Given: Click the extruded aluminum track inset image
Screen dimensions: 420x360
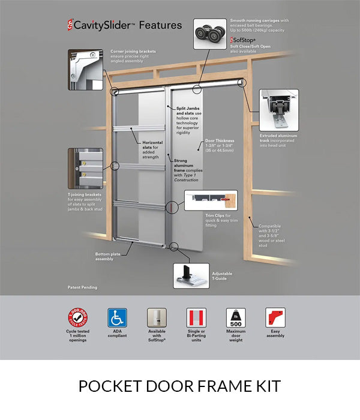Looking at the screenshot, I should pos(278,110).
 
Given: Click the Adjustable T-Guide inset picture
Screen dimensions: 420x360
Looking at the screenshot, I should pos(191,275).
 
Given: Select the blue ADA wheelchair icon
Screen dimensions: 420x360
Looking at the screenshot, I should pos(117,317).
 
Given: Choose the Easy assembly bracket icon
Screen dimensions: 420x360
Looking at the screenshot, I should pos(275,317).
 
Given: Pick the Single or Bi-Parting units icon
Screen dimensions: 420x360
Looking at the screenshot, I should pos(196,317).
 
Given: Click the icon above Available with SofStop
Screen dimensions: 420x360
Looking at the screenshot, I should pos(157,317).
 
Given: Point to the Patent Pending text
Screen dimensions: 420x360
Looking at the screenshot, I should pos(82,287).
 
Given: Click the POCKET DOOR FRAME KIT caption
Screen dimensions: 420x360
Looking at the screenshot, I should pos(179,386).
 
